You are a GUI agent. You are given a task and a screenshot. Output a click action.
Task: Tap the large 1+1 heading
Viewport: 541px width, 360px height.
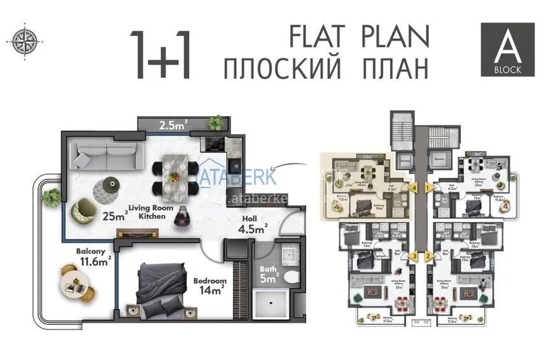pyautogui.click(x=160, y=54)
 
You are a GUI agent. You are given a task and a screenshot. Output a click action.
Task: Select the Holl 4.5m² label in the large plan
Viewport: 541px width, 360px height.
pyautogui.click(x=252, y=225)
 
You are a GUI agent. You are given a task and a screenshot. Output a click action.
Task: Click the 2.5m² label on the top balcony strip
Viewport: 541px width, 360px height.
pyautogui.click(x=173, y=124)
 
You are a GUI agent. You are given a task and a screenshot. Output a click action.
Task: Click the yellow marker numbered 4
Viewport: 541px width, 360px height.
pyautogui.click(x=414, y=188)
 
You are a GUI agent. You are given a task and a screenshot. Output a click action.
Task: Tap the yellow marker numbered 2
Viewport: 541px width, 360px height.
pyautogui.click(x=429, y=256)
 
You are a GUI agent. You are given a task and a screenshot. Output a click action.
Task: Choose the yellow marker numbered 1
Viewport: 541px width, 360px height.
pyautogui.click(x=429, y=188)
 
